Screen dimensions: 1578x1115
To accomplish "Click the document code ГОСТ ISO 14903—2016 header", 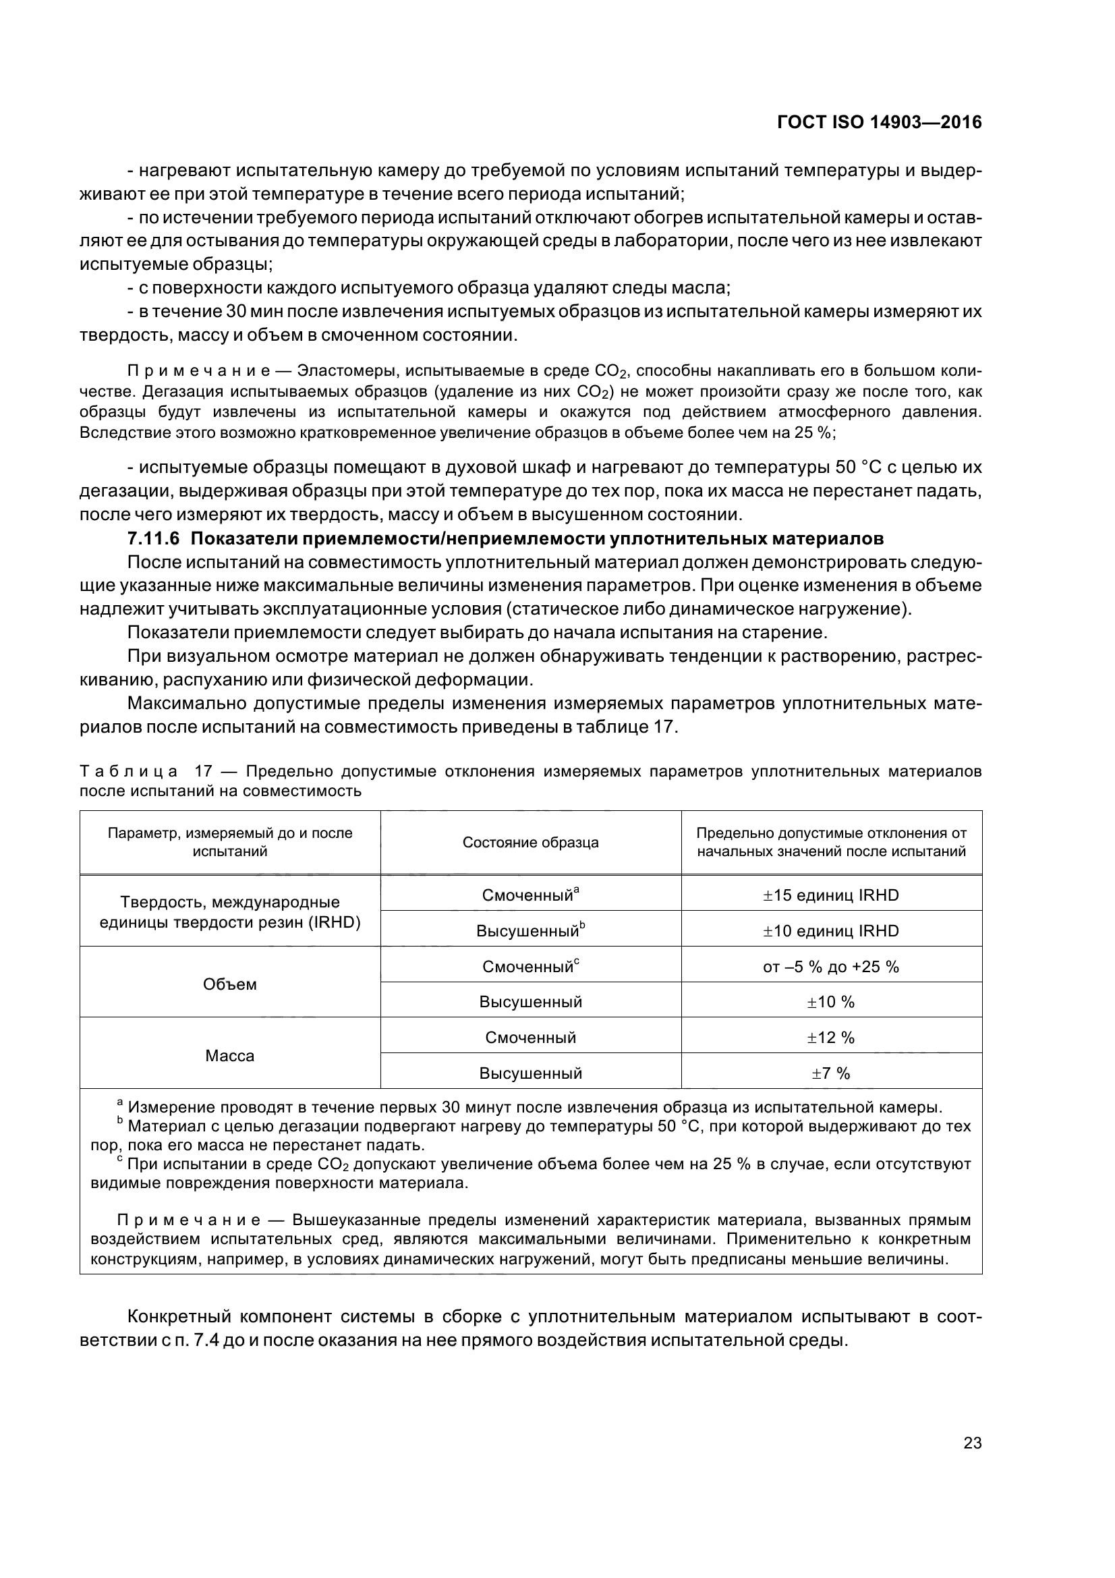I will pyautogui.click(x=879, y=122).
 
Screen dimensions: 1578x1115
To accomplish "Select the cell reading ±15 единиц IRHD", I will pyautogui.click(x=830, y=895).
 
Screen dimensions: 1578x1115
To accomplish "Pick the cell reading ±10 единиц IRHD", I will pyautogui.click(x=830, y=931).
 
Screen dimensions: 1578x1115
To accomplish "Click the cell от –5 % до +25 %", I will pyautogui.click(x=830, y=967).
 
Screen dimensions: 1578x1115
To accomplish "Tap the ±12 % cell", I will pyautogui.click(x=830, y=1038).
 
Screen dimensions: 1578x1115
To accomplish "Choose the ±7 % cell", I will pyautogui.click(x=830, y=1073).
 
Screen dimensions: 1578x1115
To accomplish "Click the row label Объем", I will pyautogui.click(x=229, y=984).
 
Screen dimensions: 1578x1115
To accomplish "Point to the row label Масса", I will pyautogui.click(x=229, y=1056).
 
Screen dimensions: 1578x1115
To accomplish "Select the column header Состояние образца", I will pyautogui.click(x=530, y=843).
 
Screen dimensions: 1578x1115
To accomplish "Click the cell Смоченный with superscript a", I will pyautogui.click(x=530, y=895).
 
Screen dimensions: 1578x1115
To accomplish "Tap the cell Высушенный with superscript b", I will pyautogui.click(x=530, y=931).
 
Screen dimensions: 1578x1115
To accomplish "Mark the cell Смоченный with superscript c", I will pyautogui.click(x=530, y=967).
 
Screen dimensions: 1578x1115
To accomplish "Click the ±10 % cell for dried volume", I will pyautogui.click(x=830, y=1002).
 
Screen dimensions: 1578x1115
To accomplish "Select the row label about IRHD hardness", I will pyautogui.click(x=229, y=912).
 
